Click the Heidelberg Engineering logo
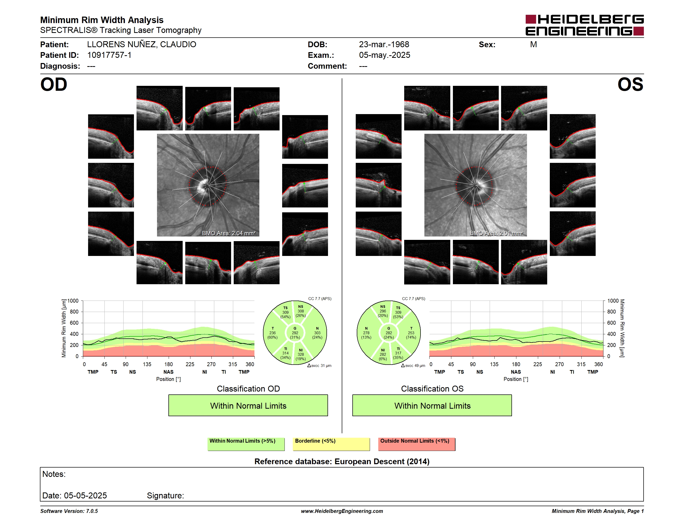click(x=585, y=25)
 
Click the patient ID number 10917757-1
click(x=109, y=55)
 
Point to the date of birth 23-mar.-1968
click(x=384, y=45)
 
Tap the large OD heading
click(x=54, y=85)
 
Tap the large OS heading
click(x=630, y=85)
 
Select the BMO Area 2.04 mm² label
click(x=229, y=233)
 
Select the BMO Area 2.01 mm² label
click(x=496, y=233)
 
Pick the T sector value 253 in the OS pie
click(x=411, y=333)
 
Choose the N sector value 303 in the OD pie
click(x=317, y=333)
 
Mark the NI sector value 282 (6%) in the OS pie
click(x=383, y=357)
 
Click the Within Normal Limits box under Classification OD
click(x=248, y=405)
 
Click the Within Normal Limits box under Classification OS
click(x=432, y=405)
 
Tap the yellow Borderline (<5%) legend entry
click(x=331, y=444)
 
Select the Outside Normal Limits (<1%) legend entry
click(x=417, y=444)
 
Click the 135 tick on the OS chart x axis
click(x=494, y=364)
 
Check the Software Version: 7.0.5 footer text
click(x=69, y=511)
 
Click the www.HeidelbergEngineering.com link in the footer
click(x=342, y=511)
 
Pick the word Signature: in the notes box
click(x=165, y=496)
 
